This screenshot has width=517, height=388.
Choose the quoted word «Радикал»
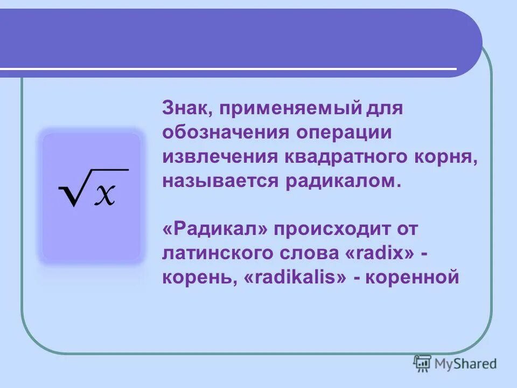[x=215, y=228]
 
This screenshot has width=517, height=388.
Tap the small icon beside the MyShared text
[x=422, y=363]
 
